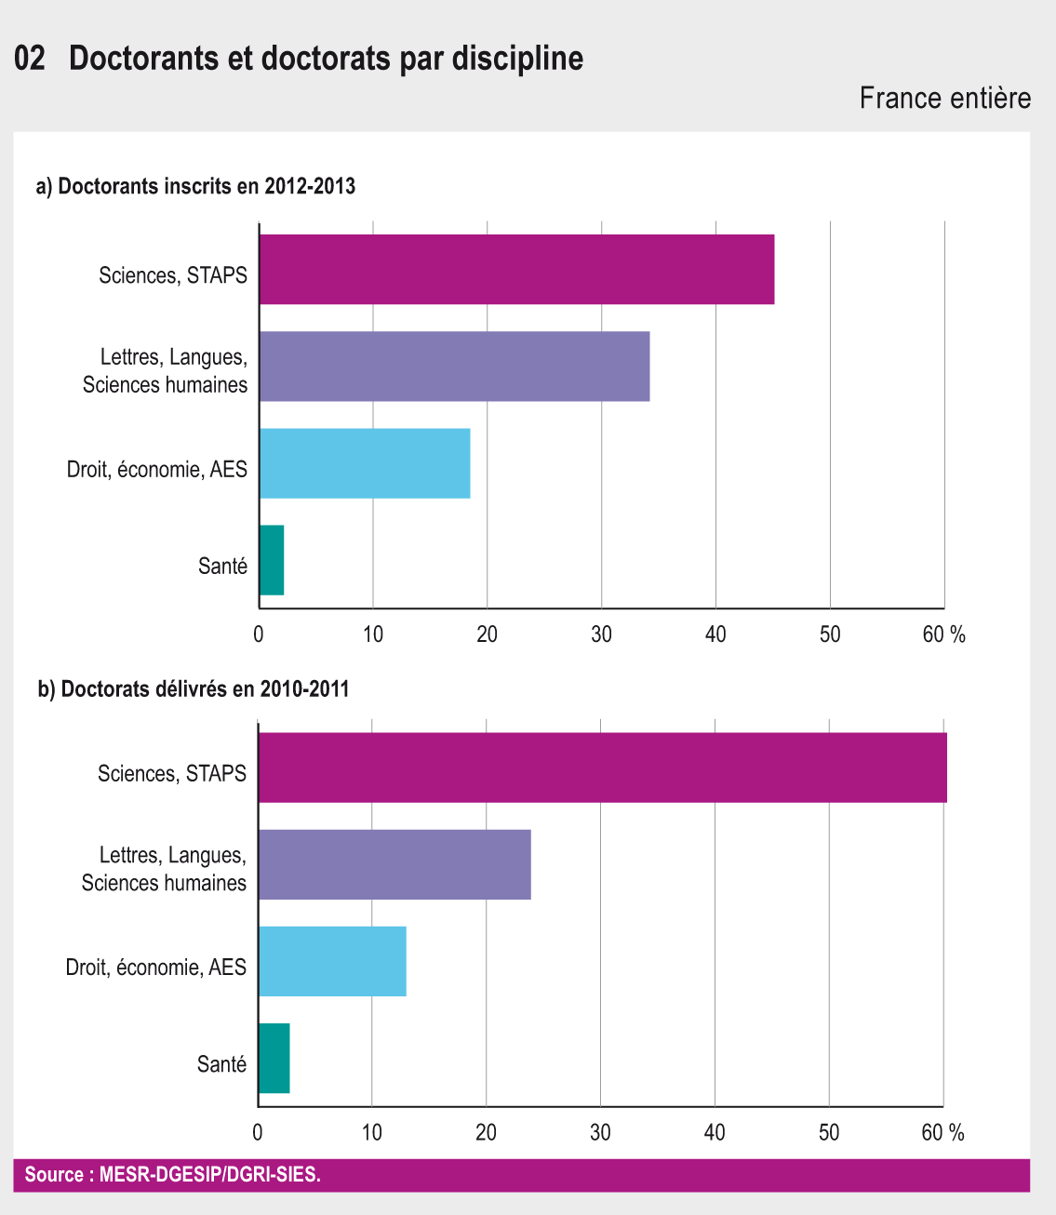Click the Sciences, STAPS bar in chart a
[516, 270]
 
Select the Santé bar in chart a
[272, 560]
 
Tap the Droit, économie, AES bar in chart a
[365, 463]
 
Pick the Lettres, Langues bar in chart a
[454, 367]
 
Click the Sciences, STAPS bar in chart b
[602, 768]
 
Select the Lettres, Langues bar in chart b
[394, 864]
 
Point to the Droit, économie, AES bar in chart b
[332, 961]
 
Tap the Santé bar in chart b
[274, 1059]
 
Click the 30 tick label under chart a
[601, 634]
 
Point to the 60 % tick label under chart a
[943, 634]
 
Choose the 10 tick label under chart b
[372, 1132]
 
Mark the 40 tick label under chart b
[715, 1132]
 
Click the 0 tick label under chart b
[258, 1132]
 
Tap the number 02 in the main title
[30, 59]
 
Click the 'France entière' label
[944, 98]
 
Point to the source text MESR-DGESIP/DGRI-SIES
[173, 1175]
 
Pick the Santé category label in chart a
[223, 566]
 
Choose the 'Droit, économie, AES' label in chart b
[156, 968]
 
